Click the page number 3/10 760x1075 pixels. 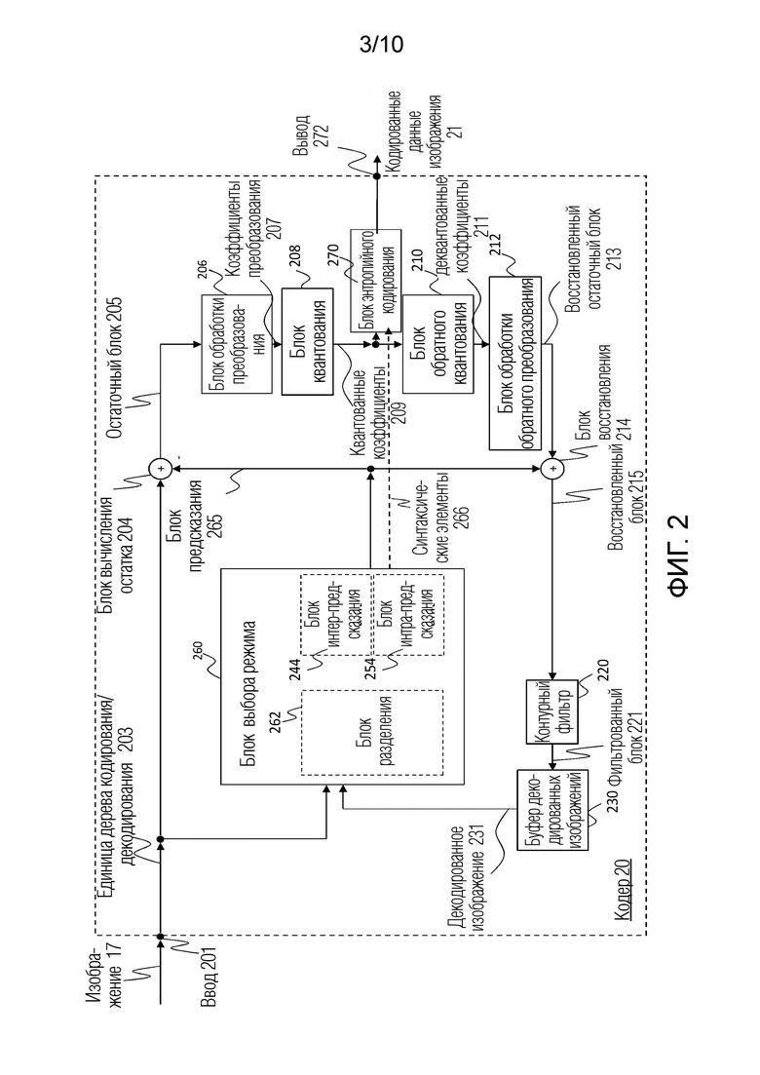(381, 45)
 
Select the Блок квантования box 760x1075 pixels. (308, 341)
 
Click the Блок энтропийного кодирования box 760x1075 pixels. (375, 280)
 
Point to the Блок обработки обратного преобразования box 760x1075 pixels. (514, 363)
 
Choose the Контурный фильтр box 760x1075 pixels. (551, 711)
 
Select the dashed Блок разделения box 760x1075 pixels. (372, 732)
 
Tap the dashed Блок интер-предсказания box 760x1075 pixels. (336, 614)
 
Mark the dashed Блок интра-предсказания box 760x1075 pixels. (407, 614)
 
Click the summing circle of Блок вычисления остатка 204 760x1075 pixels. (160, 469)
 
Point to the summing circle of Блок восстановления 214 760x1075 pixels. (551, 469)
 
